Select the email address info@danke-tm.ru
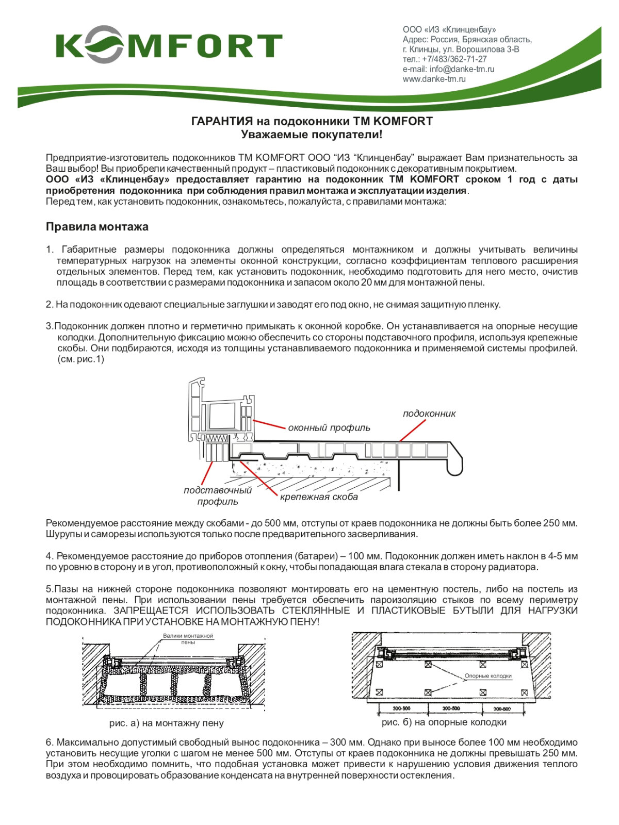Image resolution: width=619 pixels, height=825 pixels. (448, 69)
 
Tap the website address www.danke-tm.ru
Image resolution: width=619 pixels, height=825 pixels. (434, 79)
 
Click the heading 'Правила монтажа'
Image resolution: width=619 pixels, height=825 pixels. (97, 226)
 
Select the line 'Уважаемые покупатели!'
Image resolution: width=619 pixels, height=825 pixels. (312, 135)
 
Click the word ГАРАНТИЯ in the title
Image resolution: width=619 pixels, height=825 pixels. (222, 121)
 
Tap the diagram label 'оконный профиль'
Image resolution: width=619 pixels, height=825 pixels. (329, 427)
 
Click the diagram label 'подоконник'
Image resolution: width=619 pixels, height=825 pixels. (429, 414)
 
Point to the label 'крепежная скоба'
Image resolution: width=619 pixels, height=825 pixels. (319, 497)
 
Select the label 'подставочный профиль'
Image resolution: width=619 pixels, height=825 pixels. (217, 496)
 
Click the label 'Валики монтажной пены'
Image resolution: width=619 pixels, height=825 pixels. (188, 638)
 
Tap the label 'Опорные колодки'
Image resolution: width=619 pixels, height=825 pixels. (488, 675)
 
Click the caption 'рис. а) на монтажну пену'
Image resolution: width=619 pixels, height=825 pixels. (166, 723)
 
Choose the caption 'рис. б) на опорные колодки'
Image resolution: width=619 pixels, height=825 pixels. (444, 722)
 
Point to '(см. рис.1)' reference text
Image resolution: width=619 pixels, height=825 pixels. (80, 359)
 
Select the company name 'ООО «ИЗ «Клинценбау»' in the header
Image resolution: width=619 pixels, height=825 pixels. (449, 30)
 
